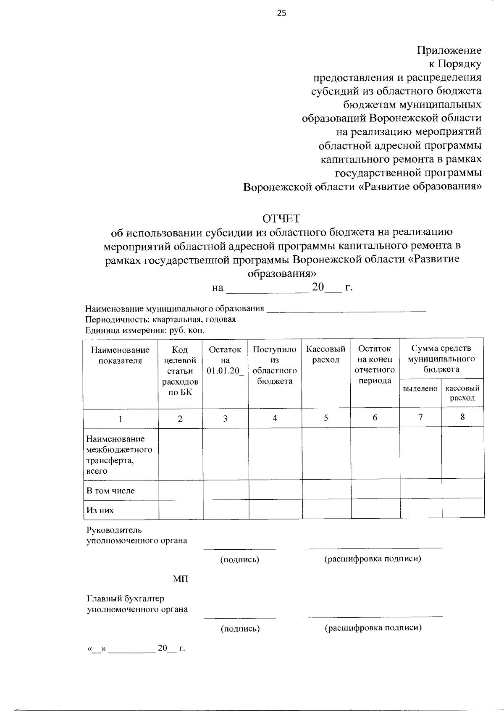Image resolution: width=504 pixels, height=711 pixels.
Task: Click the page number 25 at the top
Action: tap(281, 13)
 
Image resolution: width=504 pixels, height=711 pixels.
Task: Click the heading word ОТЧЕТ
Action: tap(281, 218)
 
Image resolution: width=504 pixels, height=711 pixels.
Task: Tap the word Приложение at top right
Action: tap(449, 50)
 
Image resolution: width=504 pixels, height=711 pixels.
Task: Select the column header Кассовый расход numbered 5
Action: tap(325, 354)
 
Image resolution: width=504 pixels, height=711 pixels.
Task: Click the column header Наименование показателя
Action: tap(120, 355)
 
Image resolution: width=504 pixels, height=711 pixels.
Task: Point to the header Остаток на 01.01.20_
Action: tap(225, 360)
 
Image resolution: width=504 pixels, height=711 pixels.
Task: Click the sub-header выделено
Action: tap(420, 389)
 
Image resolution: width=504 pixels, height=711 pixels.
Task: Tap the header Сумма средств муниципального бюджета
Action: tap(441, 359)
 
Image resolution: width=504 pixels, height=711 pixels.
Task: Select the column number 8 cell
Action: tap(462, 417)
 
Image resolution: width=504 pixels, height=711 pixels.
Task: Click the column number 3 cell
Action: tap(225, 418)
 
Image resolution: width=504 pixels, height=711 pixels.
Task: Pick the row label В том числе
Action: tap(110, 491)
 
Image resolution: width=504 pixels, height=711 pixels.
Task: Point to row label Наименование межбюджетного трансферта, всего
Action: tap(119, 455)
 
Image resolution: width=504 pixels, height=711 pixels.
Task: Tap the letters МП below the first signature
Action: tap(181, 579)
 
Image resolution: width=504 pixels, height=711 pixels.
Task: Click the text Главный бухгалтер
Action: tap(125, 598)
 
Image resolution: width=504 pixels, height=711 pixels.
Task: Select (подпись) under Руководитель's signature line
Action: tap(240, 559)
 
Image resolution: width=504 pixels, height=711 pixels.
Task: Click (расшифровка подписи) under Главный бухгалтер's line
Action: tap(373, 628)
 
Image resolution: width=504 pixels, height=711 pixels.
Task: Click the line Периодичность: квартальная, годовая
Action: tap(160, 319)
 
